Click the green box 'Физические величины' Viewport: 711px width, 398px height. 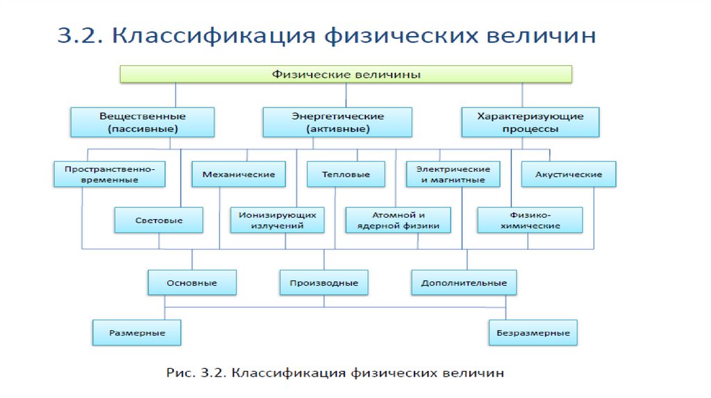pos(346,74)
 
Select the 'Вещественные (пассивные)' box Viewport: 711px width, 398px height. pos(142,122)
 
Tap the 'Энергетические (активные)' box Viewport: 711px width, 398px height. pos(337,122)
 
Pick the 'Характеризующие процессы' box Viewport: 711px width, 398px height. pos(530,122)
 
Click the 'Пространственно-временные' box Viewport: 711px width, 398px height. pos(110,174)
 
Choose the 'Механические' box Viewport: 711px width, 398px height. pos(238,174)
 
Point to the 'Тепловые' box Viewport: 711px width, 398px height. pos(346,174)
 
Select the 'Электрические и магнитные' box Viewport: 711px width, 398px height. pos(453,174)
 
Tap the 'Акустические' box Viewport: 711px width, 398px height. pos(568,174)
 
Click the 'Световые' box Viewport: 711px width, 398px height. pos(159,220)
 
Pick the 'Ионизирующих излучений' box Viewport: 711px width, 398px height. pos(277,220)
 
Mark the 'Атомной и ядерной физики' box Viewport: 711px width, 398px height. pos(398,220)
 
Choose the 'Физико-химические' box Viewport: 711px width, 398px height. pos(530,220)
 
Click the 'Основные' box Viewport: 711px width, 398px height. pos(192,283)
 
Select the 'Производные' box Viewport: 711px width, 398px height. pos(324,283)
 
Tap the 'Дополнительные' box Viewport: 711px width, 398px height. pos(464,283)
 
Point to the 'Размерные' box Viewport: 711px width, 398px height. pos(137,333)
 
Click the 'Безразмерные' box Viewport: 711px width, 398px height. pos(533,333)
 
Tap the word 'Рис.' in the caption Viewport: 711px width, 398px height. pos(179,373)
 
